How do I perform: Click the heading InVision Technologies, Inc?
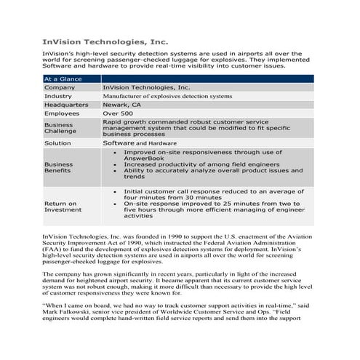(105, 43)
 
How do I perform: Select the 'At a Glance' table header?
(63, 78)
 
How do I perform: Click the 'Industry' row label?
(58, 95)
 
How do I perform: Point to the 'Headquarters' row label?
(66, 104)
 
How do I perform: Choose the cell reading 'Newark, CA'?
(122, 104)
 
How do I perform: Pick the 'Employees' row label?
(62, 113)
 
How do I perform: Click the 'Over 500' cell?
(118, 113)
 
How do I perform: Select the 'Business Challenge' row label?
(60, 128)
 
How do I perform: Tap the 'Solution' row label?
(57, 143)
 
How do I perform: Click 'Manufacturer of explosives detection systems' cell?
(167, 95)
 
